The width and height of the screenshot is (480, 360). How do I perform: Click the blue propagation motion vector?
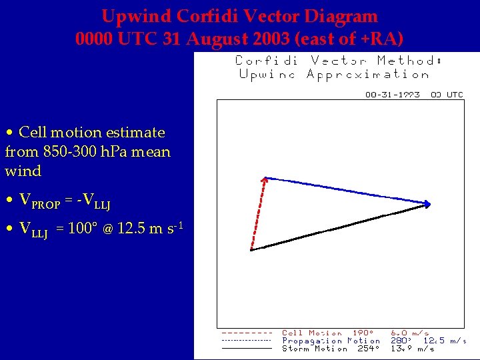point(347,191)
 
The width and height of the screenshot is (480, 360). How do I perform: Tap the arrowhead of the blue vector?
point(428,203)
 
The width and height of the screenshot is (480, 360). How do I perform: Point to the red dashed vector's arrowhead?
point(265,179)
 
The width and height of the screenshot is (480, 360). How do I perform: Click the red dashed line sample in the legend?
point(246,333)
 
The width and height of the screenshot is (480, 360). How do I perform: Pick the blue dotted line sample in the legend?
point(246,341)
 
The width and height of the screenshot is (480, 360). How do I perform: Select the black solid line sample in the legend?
point(246,348)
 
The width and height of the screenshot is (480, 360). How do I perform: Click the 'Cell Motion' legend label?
point(312,333)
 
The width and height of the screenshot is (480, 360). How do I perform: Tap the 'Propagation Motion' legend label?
point(331,341)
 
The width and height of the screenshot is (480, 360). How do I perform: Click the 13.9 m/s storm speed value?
point(412,349)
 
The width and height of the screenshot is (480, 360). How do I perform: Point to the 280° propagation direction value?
point(401,341)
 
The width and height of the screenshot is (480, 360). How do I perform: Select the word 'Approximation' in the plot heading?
point(368,74)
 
